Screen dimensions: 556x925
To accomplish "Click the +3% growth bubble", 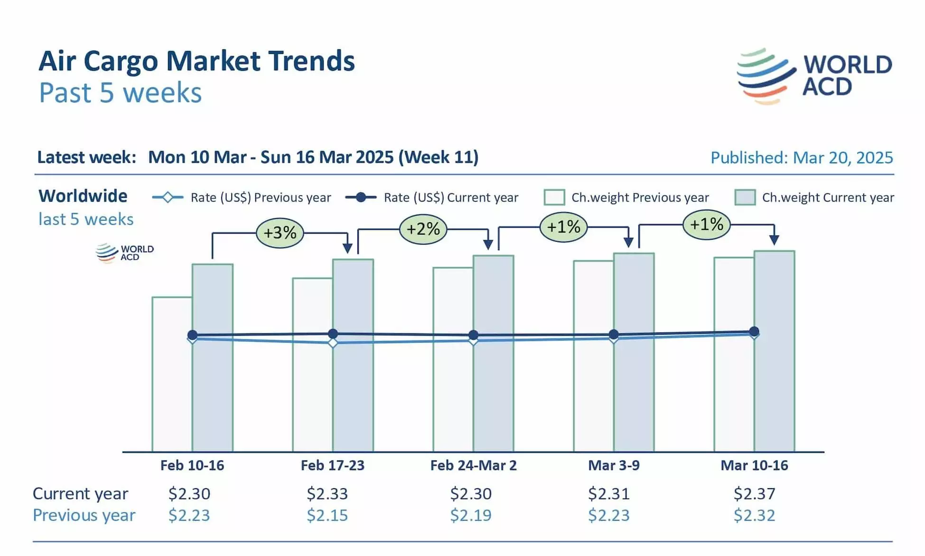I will pos(280,233).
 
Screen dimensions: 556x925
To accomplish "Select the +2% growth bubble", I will pos(423,229).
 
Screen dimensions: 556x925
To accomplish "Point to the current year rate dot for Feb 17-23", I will pos(333,334).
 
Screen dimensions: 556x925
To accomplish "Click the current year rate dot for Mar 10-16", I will pos(754,331).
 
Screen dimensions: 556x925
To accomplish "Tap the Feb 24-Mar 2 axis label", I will pos(473,465).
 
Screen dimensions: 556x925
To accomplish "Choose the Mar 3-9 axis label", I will pos(614,465).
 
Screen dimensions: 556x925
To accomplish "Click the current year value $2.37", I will pos(754,494).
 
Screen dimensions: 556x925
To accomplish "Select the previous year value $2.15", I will pos(327,515).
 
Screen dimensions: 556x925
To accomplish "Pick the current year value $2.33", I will pos(327,494).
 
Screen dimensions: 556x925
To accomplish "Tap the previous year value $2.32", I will pos(754,515).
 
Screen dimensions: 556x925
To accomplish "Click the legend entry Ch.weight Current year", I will pos(814,198).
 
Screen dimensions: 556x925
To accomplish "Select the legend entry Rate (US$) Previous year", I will pos(242,198).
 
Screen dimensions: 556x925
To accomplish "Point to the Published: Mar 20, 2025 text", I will pos(802,158).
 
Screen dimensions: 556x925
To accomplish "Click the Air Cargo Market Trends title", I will pos(196,61).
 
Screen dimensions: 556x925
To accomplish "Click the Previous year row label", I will pos(84,515).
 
